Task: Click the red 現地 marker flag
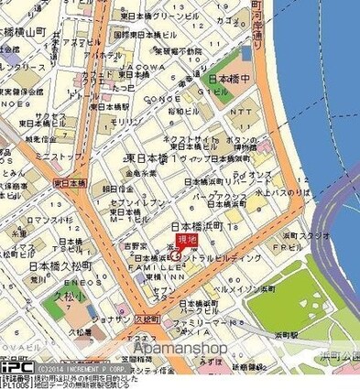coord(186,240)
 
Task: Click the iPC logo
coord(17,366)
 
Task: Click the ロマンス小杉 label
coord(42,221)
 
